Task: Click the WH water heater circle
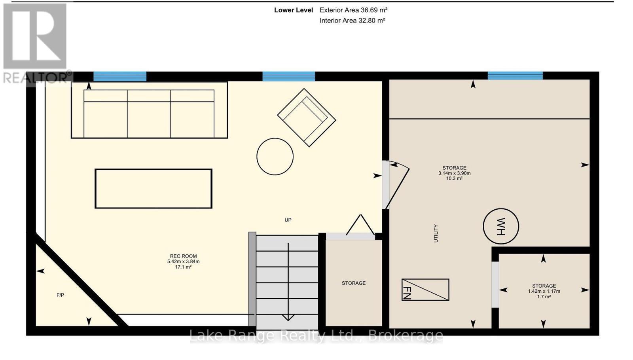click(x=501, y=226)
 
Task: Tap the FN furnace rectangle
click(x=425, y=290)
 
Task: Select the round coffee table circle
click(x=275, y=157)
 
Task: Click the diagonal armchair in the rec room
click(x=307, y=117)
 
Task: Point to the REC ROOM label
click(x=184, y=256)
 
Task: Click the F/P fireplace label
click(x=60, y=295)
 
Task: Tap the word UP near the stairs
click(x=288, y=220)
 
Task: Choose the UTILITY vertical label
click(x=436, y=233)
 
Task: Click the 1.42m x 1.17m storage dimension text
click(x=544, y=291)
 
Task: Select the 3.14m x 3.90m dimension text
click(x=455, y=173)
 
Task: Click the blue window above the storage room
click(x=515, y=76)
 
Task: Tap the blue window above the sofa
click(x=120, y=77)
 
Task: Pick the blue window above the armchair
click(x=288, y=77)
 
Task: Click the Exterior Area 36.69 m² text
click(x=354, y=10)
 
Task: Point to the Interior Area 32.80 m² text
click(x=353, y=20)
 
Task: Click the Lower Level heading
click(x=294, y=10)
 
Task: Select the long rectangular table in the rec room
click(x=154, y=189)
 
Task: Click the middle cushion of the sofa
click(x=149, y=114)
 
